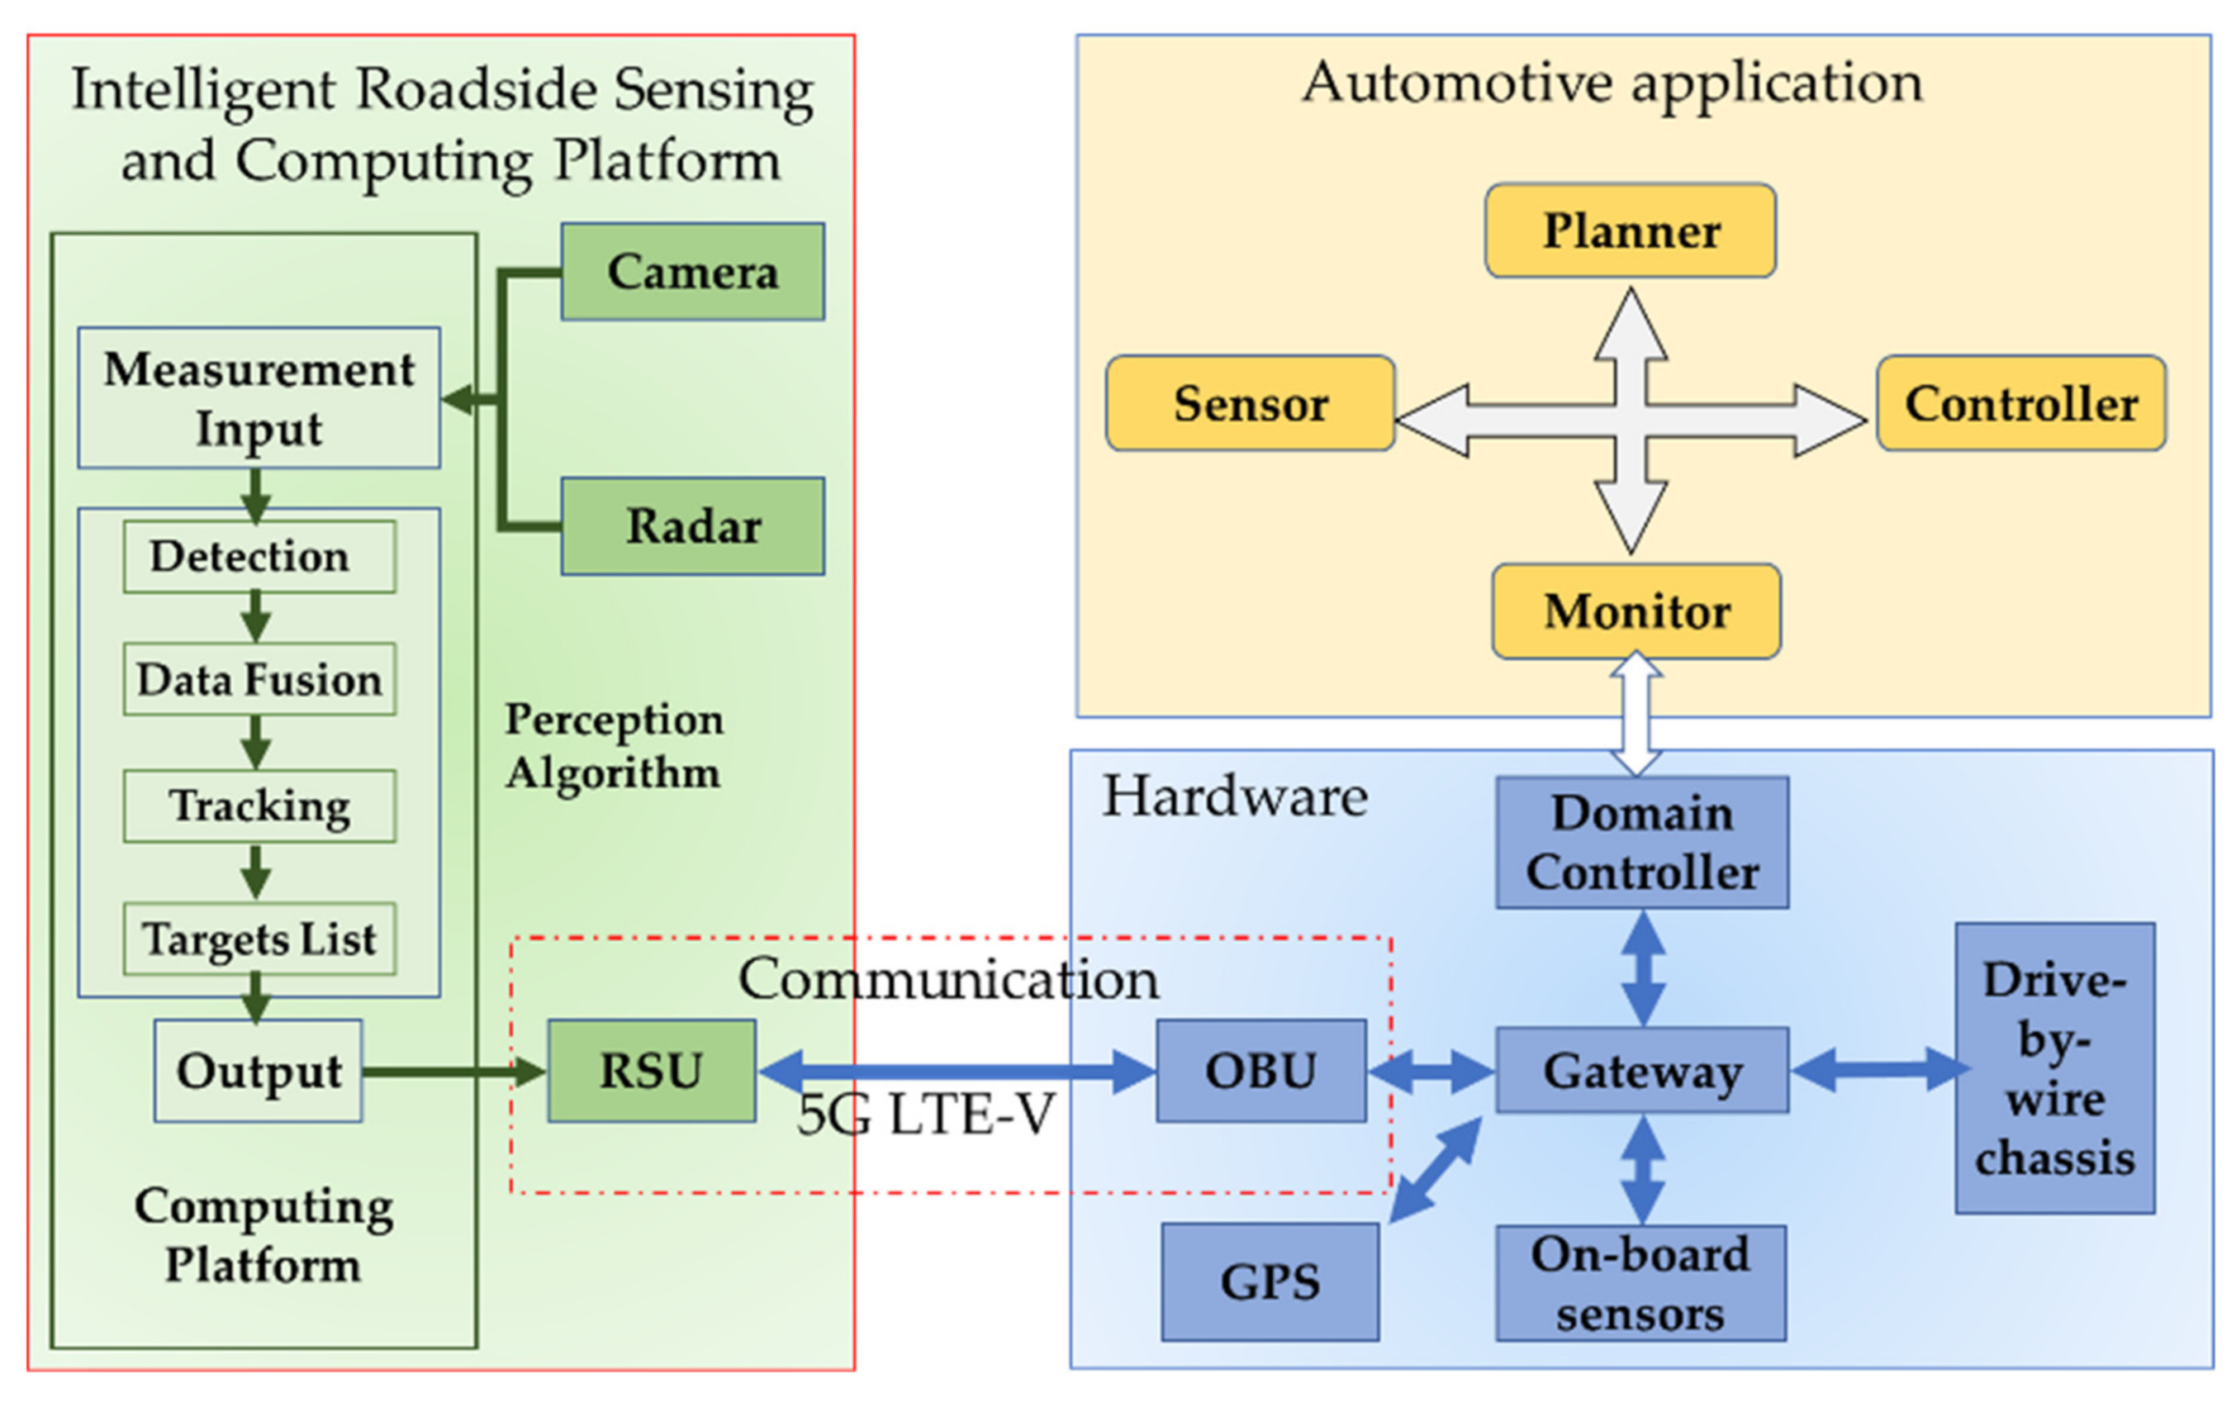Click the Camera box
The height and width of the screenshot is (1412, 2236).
click(693, 271)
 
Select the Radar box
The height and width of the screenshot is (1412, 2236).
click(693, 525)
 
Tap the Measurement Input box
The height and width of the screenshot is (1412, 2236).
click(259, 397)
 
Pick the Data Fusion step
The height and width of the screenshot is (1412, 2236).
click(259, 679)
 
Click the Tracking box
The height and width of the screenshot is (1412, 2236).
click(259, 806)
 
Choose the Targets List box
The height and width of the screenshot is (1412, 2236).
click(259, 939)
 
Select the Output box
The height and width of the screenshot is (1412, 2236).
click(259, 1070)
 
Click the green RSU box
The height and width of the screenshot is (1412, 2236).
click(651, 1070)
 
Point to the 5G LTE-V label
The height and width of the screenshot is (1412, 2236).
click(926, 1114)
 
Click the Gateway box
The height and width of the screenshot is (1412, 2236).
click(1642, 1070)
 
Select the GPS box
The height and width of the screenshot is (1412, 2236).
click(1269, 1282)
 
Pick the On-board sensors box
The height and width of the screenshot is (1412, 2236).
click(1640, 1283)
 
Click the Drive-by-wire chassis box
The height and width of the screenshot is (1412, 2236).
click(2054, 1068)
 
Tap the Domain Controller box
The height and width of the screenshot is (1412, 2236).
click(1642, 842)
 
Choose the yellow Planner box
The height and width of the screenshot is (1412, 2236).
click(1631, 231)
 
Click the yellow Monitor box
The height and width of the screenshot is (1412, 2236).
click(1636, 611)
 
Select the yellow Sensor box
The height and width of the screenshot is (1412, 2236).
click(1250, 403)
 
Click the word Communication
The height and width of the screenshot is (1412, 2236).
click(948, 979)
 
